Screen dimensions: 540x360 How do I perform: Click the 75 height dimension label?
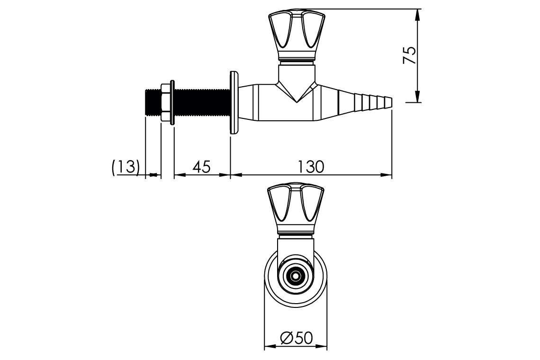tap(409, 55)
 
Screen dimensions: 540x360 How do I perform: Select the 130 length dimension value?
tap(311, 167)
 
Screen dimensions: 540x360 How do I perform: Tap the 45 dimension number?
tap(201, 167)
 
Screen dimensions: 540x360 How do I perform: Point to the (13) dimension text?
tap(126, 167)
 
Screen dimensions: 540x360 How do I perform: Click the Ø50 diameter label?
tap(297, 338)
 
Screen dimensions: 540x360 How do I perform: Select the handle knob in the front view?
tap(296, 209)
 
